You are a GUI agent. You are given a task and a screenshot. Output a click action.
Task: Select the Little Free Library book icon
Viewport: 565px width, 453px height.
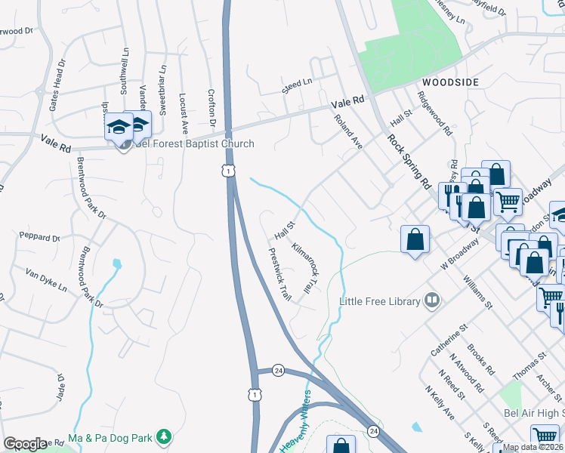(432, 300)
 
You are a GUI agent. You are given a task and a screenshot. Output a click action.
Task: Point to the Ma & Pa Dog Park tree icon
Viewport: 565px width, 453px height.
(162, 436)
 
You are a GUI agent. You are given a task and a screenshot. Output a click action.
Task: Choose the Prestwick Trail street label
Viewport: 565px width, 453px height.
(279, 276)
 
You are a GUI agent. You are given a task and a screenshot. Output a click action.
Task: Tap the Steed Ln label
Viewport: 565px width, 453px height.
(297, 82)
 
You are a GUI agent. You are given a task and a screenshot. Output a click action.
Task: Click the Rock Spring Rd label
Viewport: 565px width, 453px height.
(409, 161)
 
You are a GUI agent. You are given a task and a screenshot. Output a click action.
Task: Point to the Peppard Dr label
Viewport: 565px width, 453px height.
(40, 237)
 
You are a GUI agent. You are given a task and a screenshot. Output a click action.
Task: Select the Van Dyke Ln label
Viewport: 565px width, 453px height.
(46, 279)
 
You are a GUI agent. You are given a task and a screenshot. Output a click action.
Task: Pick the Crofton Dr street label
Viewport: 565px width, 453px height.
(212, 108)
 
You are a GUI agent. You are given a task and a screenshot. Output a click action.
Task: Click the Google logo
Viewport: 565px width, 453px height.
(25, 443)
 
